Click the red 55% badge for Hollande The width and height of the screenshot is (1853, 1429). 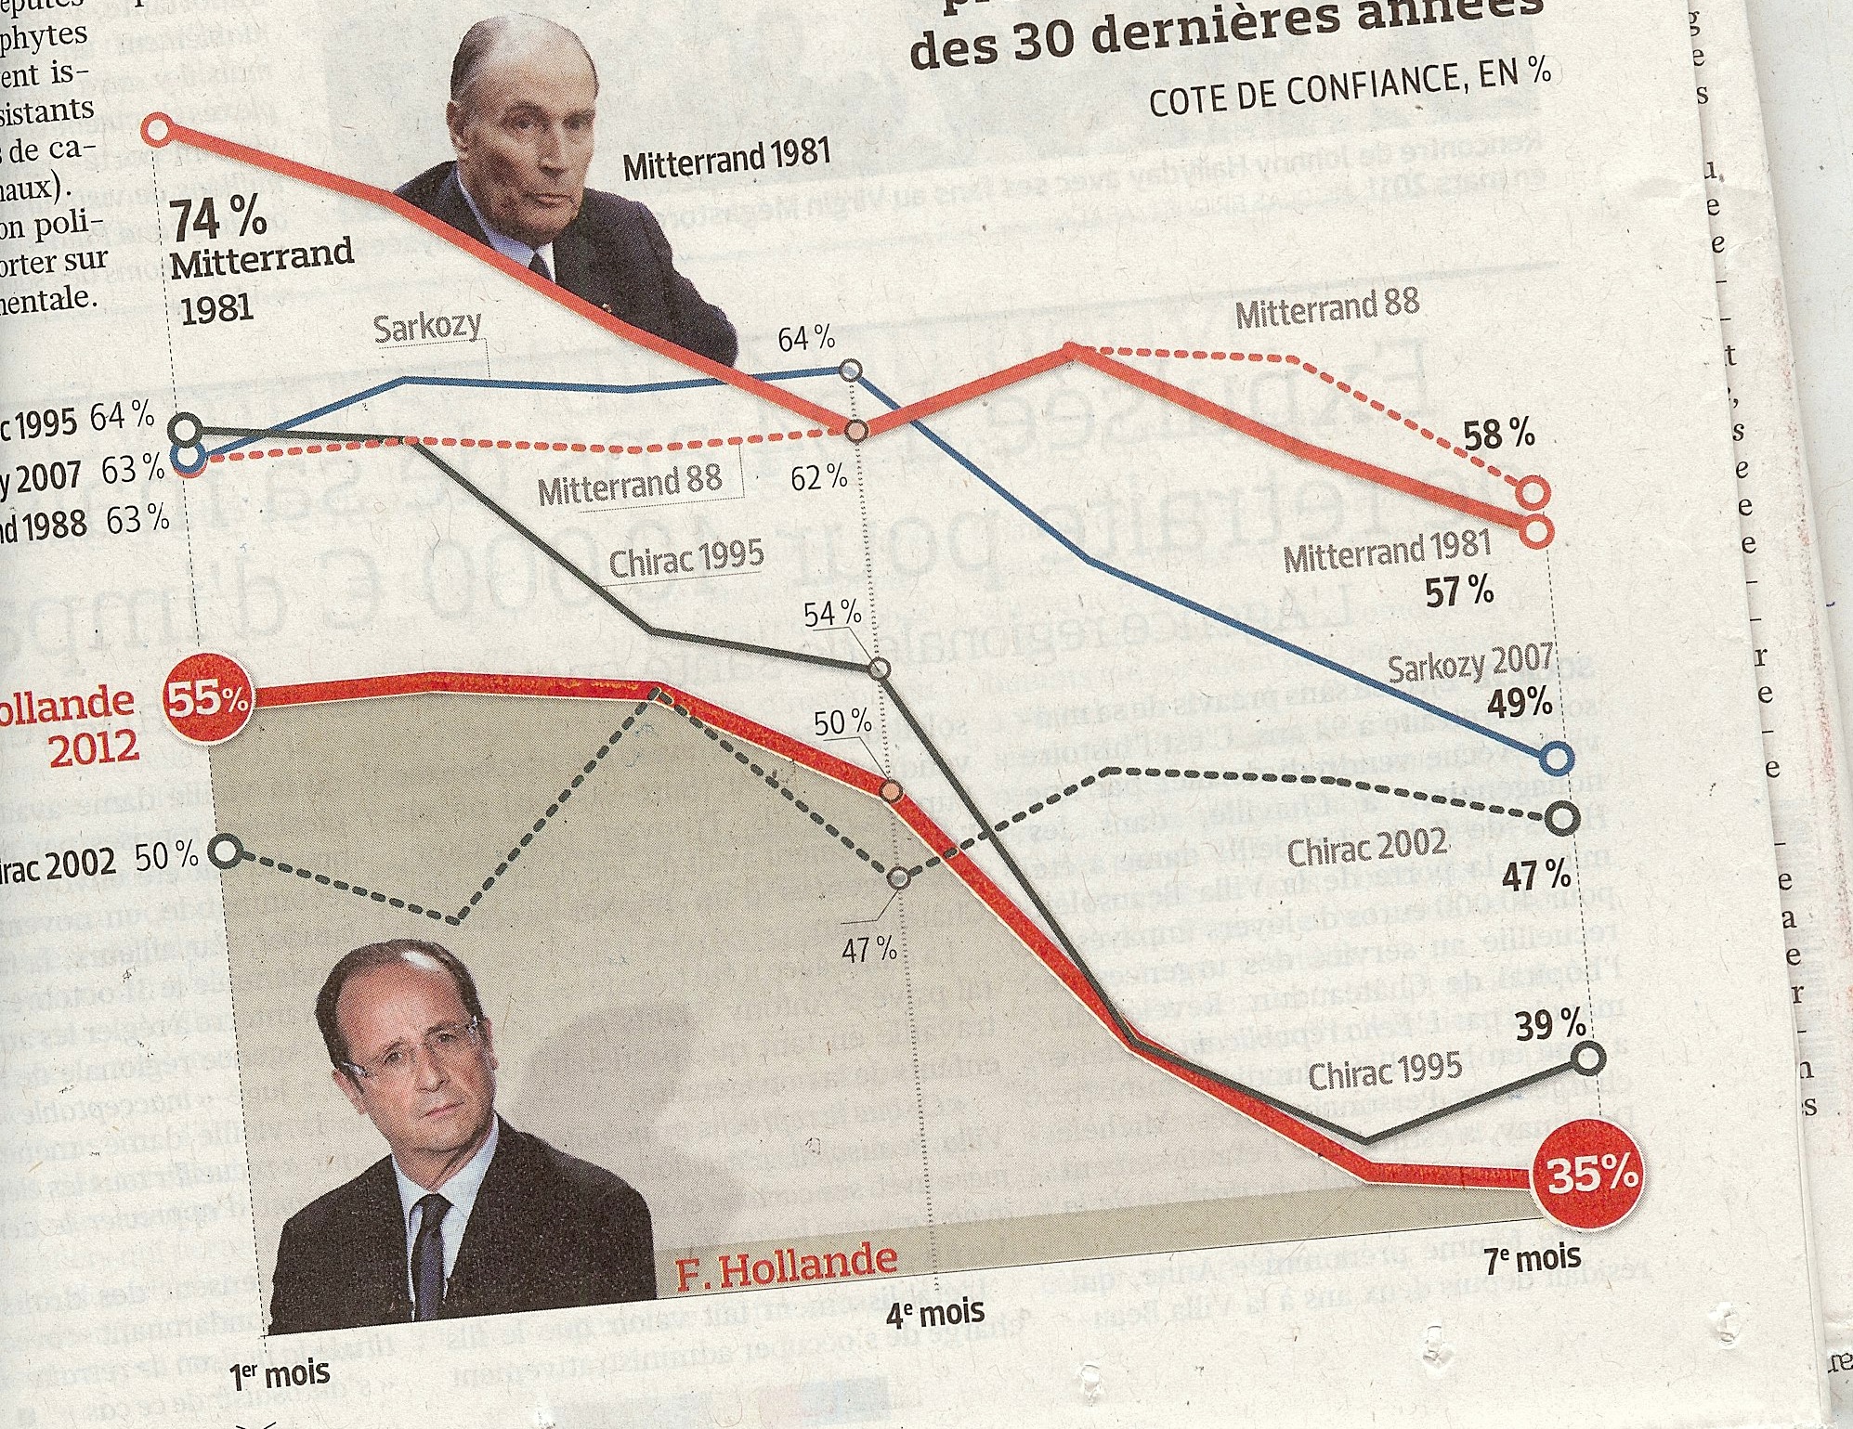tap(209, 701)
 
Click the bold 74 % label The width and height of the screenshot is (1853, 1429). tap(219, 220)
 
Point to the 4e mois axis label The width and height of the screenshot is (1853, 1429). tap(935, 1312)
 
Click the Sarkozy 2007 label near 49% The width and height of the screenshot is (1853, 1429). tap(1469, 665)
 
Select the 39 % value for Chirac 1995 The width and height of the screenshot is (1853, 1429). tap(1550, 1025)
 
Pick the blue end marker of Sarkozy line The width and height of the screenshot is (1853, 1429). tap(1558, 760)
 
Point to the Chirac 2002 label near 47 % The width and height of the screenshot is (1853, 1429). tap(1367, 848)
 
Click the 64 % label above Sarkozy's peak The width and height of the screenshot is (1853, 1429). tap(806, 340)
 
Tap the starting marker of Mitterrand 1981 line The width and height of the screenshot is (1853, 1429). tap(158, 129)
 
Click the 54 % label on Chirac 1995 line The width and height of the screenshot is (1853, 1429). tap(832, 614)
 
